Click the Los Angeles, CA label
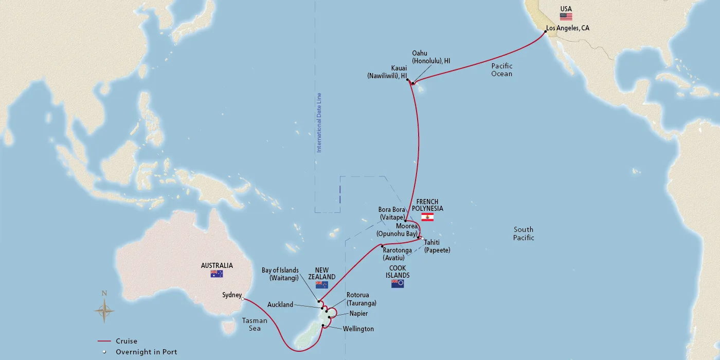(x=568, y=28)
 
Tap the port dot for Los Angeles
(x=546, y=32)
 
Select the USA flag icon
(x=566, y=17)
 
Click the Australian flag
(x=217, y=274)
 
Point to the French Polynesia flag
(x=427, y=217)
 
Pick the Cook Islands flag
(x=398, y=283)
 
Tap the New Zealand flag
(x=322, y=285)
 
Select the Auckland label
(x=280, y=304)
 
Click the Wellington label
(x=358, y=329)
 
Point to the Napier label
(x=358, y=313)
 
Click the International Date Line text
(x=319, y=122)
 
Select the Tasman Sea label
(x=255, y=324)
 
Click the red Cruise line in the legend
(x=104, y=341)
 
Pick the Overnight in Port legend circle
(x=104, y=352)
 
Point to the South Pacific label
(x=524, y=233)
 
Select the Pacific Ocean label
(x=502, y=70)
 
